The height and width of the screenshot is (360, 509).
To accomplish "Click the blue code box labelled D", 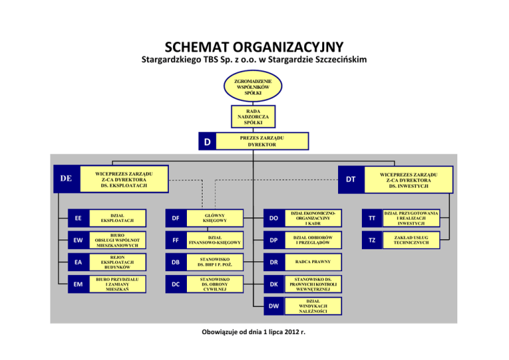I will (207, 142).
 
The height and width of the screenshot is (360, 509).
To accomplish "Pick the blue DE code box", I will (66, 178).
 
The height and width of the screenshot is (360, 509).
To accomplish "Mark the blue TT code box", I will (371, 217).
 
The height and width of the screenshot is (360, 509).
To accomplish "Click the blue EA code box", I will (78, 263).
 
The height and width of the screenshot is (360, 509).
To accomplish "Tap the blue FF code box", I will (176, 240).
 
